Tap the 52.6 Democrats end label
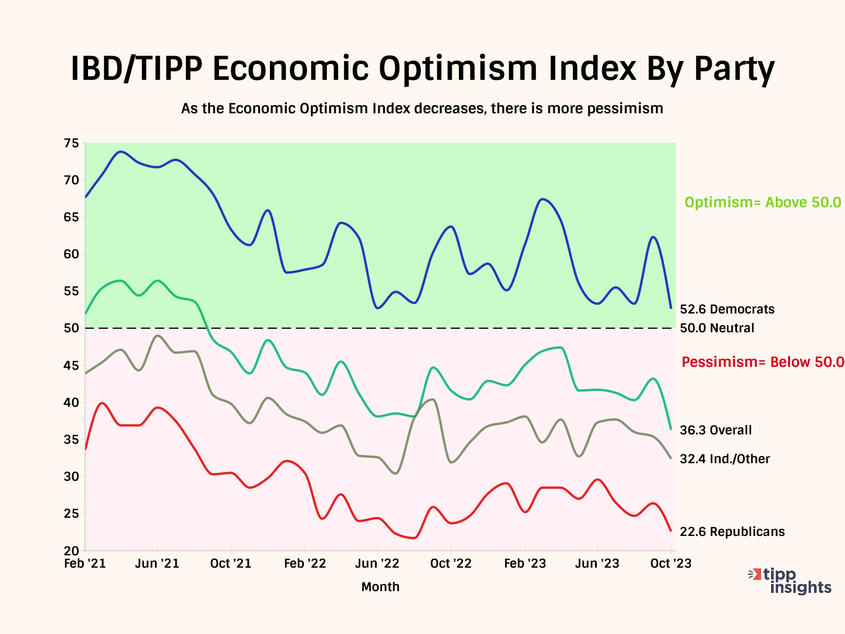tap(727, 309)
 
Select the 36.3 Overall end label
tap(715, 430)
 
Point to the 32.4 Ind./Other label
tap(725, 459)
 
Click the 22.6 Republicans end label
tap(732, 532)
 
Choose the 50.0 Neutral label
tap(717, 328)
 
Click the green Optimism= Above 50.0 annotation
tap(763, 203)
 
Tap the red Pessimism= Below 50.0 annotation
tap(763, 362)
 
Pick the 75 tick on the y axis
tap(71, 143)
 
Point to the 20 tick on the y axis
tap(71, 551)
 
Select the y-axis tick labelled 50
tap(71, 328)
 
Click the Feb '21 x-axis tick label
tap(85, 564)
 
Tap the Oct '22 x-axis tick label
tap(451, 564)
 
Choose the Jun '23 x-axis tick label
tap(597, 564)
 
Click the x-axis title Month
tap(380, 587)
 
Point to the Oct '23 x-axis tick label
tap(671, 564)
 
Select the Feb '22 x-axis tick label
tap(305, 564)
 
